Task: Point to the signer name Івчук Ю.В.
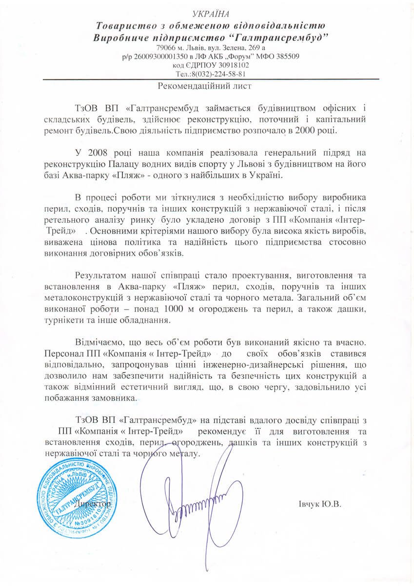(318, 504)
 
